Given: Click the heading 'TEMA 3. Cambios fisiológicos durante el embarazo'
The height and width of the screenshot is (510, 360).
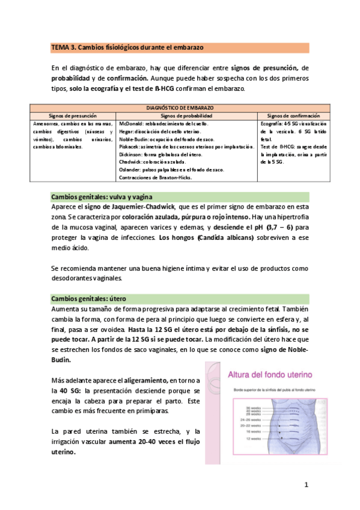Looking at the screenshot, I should coord(128,48).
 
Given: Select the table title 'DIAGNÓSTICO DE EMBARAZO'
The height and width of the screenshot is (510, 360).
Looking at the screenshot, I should coord(179,108).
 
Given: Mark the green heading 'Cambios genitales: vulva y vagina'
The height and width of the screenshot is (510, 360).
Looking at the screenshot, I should coord(102,197).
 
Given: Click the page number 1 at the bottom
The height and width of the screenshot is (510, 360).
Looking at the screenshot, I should coord(306,484).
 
